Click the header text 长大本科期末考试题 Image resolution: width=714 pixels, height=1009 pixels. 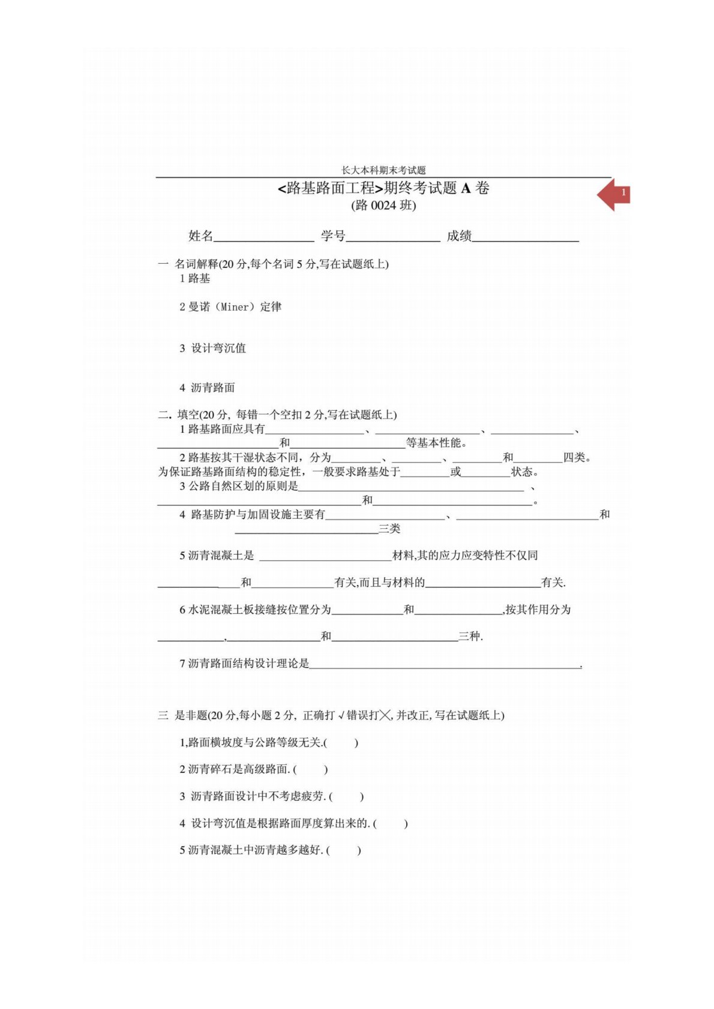(x=383, y=170)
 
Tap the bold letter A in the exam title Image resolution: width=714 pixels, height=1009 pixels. (x=466, y=188)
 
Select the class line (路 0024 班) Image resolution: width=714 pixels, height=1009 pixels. (x=383, y=206)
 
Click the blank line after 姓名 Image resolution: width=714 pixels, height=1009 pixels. (x=263, y=238)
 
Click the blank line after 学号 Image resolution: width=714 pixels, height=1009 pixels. (x=393, y=238)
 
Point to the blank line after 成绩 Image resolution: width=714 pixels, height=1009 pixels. (x=526, y=238)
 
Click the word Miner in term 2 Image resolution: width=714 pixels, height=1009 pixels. (x=235, y=307)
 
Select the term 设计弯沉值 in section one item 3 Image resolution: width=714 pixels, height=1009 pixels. (x=218, y=348)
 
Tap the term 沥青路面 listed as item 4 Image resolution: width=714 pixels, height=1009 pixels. (x=213, y=388)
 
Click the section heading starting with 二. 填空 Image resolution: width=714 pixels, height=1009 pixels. (x=277, y=415)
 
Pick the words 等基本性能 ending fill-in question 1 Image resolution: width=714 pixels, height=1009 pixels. (x=436, y=443)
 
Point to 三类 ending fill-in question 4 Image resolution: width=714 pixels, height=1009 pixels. (x=389, y=529)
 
